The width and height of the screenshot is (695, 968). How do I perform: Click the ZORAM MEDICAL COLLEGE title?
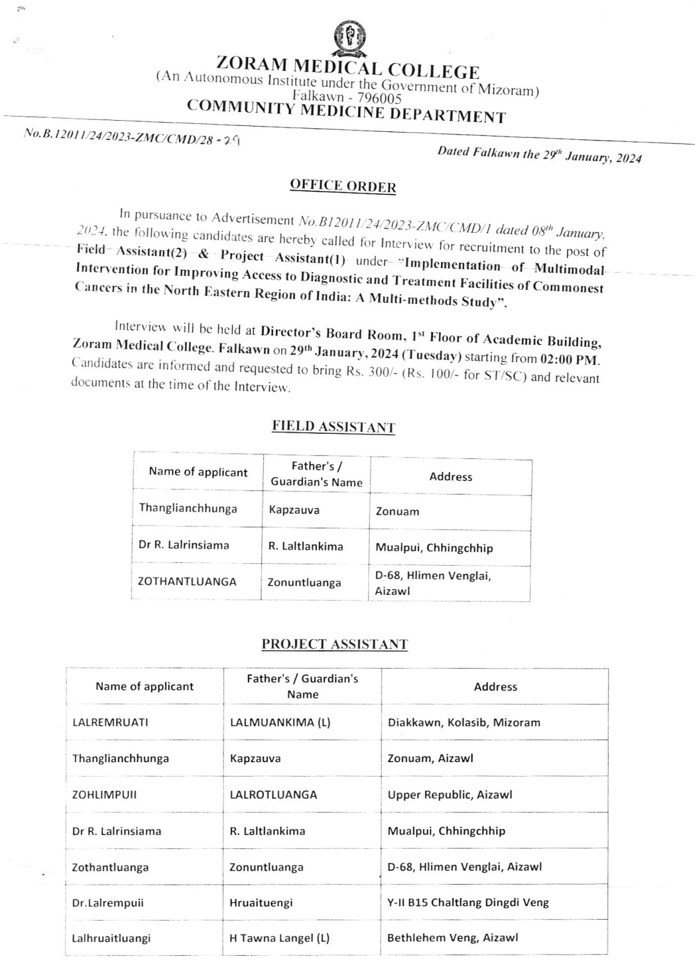pyautogui.click(x=348, y=66)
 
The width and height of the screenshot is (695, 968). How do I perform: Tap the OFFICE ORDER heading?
pyautogui.click(x=343, y=186)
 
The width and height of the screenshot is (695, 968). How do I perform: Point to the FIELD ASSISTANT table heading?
pyautogui.click(x=333, y=427)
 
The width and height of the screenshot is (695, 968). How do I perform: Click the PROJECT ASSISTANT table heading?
pyautogui.click(x=334, y=644)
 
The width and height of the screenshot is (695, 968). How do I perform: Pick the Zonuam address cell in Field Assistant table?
pyautogui.click(x=397, y=511)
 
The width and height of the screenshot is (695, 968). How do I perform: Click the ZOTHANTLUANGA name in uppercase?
pyautogui.click(x=187, y=581)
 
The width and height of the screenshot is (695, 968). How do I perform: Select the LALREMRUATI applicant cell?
pyautogui.click(x=110, y=722)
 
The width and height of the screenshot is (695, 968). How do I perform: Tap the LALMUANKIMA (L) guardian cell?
pyautogui.click(x=280, y=722)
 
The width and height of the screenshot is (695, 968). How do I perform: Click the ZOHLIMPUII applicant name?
pyautogui.click(x=104, y=794)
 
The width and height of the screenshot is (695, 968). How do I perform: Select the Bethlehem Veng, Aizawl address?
pyautogui.click(x=452, y=938)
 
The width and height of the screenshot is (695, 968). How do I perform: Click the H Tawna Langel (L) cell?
pyautogui.click(x=280, y=938)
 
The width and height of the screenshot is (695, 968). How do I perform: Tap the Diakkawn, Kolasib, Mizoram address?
pyautogui.click(x=464, y=722)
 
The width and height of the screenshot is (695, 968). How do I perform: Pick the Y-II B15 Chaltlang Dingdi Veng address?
pyautogui.click(x=468, y=902)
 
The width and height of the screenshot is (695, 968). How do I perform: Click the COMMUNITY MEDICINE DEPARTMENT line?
pyautogui.click(x=346, y=111)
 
